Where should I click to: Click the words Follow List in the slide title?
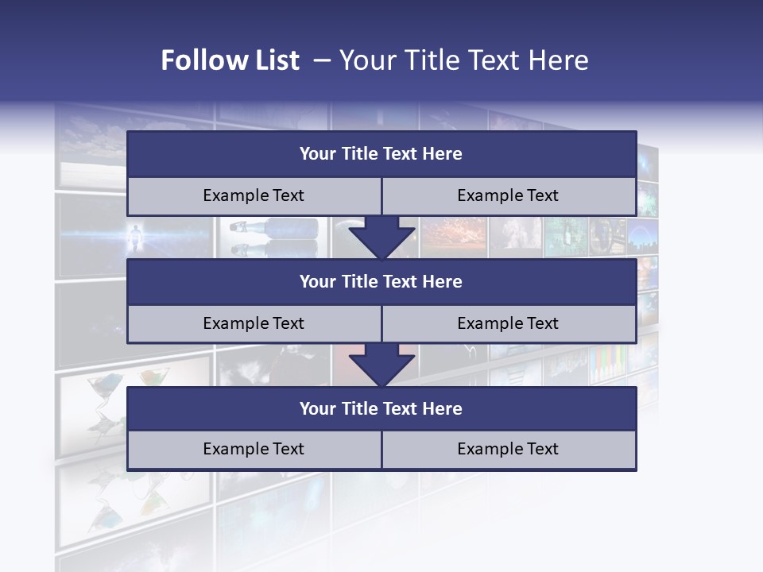(x=230, y=60)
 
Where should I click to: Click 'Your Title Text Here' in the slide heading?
(x=463, y=60)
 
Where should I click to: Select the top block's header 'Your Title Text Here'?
(x=381, y=154)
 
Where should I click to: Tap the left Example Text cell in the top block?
(x=254, y=195)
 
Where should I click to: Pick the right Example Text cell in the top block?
(x=508, y=195)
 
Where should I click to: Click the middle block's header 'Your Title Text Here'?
(x=381, y=281)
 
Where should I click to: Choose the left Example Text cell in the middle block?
(x=254, y=323)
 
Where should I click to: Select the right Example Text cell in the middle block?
(x=508, y=323)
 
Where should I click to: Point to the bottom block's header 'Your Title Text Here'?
(x=381, y=408)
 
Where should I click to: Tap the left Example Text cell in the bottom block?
(x=254, y=449)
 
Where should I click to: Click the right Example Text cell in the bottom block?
(x=508, y=449)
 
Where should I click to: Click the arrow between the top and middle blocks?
(x=381, y=238)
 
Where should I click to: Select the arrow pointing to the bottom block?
(x=381, y=365)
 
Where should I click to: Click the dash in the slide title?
(x=322, y=60)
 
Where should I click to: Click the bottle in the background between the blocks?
(x=278, y=227)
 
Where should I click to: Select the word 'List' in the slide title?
(x=277, y=60)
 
